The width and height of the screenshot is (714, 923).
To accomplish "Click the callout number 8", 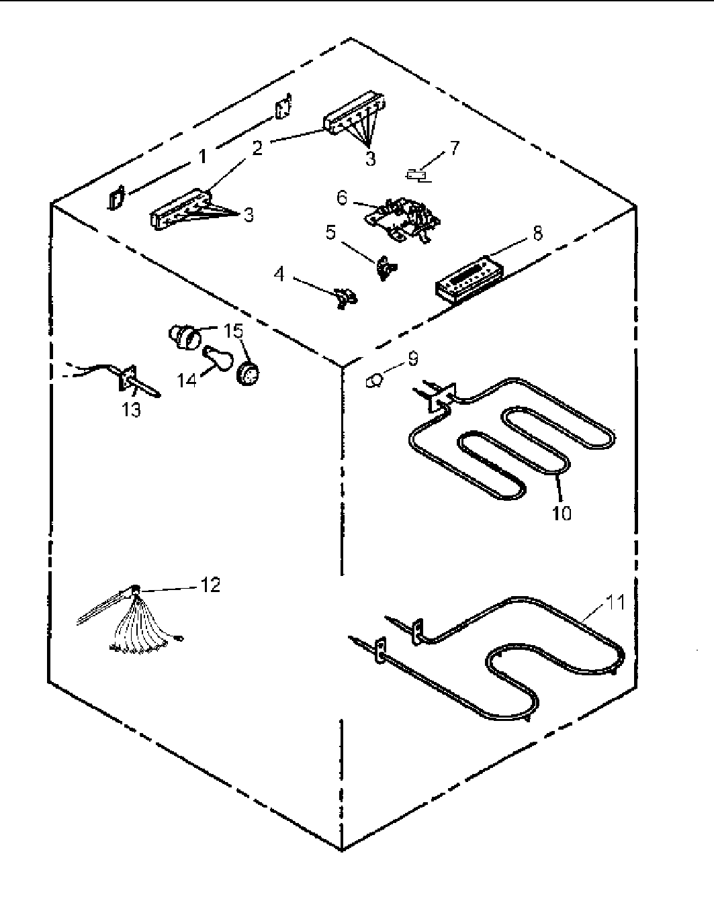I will click(537, 233).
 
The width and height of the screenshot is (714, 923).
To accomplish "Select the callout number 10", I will click(562, 514).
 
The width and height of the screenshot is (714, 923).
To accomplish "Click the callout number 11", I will click(617, 602).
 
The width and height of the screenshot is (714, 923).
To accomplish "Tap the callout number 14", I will click(187, 380).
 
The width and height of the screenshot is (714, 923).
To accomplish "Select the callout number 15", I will click(233, 331).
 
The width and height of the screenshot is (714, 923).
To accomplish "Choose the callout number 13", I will click(132, 409).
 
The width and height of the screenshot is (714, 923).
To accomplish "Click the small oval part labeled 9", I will click(373, 381).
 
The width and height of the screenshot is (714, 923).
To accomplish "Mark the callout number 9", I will click(412, 359).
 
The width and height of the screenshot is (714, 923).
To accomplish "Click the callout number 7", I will click(455, 147).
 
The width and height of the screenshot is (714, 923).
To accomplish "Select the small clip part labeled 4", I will click(345, 297).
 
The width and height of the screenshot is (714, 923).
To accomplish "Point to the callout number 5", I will click(330, 232).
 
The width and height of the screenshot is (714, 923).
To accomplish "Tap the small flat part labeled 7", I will click(419, 176).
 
